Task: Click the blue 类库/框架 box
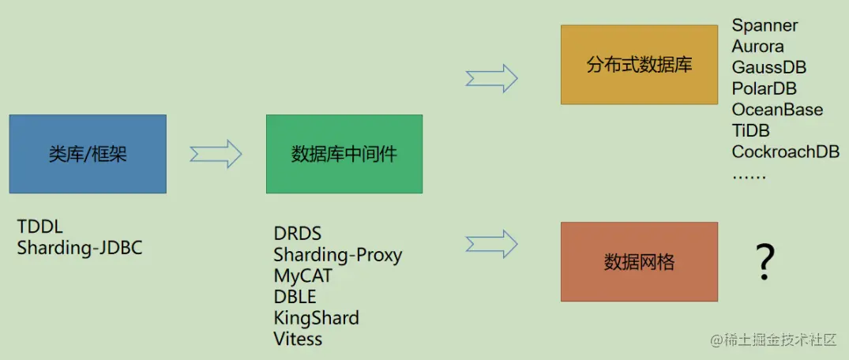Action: (x=88, y=154)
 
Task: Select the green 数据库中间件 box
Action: (x=344, y=154)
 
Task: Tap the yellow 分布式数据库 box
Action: (x=639, y=65)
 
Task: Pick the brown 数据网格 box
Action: (x=639, y=261)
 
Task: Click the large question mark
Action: (x=764, y=262)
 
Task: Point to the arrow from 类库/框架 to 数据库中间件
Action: (x=216, y=153)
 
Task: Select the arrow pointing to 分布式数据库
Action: (x=491, y=78)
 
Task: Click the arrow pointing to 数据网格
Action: (x=491, y=244)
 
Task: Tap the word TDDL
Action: (x=41, y=227)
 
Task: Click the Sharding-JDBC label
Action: (x=80, y=247)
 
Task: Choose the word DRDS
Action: (x=298, y=234)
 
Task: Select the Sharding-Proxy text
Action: (x=337, y=255)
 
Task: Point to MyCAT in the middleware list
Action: (x=302, y=276)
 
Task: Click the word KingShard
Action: (x=316, y=318)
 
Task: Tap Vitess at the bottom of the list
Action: (x=298, y=339)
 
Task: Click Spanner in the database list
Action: (x=764, y=25)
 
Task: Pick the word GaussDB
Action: (x=768, y=67)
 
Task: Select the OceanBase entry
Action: (x=777, y=110)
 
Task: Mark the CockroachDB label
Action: (x=785, y=152)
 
